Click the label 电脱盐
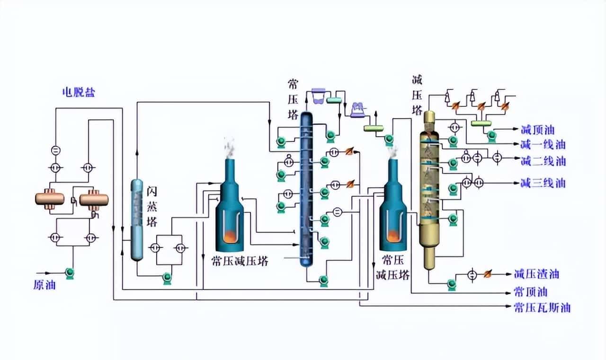79,92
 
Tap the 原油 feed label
45,285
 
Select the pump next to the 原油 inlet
70,273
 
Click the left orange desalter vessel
50,199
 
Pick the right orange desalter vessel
94,199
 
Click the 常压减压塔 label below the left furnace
240,261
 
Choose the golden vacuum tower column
429,189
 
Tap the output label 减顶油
537,130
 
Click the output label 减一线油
543,145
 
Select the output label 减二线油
543,161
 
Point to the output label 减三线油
543,183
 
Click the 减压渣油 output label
536,274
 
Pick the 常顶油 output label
530,291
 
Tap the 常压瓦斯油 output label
542,308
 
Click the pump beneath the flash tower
167,277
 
